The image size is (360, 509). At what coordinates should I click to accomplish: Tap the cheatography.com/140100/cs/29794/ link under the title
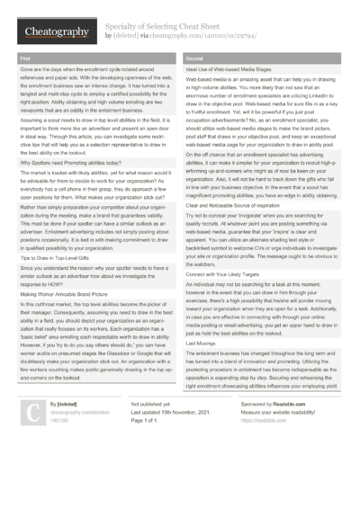206,36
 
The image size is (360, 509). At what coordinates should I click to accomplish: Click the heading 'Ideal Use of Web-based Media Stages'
230,68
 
